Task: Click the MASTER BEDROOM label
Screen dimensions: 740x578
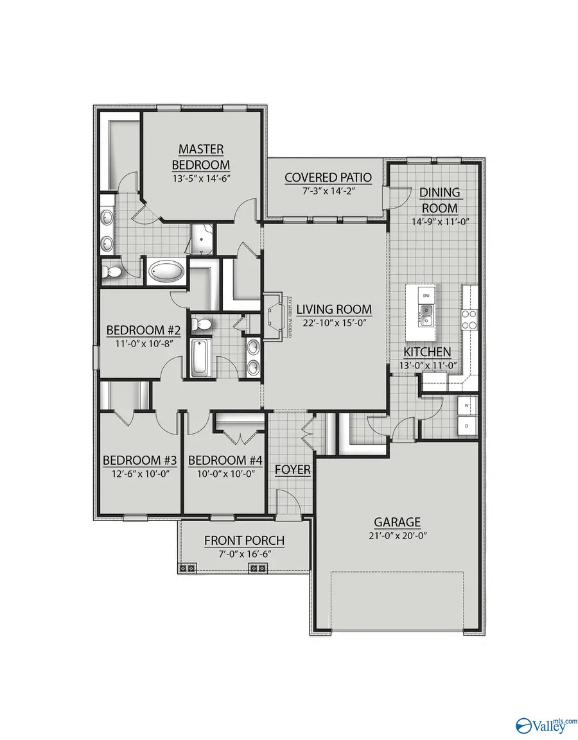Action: [x=201, y=156]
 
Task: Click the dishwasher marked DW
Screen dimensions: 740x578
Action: [x=426, y=295]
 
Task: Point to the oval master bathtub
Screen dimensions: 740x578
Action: [x=167, y=272]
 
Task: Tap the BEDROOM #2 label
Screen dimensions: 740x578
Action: [x=143, y=331]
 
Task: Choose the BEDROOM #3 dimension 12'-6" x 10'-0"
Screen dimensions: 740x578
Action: [x=140, y=474]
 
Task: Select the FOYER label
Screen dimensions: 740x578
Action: [x=293, y=470]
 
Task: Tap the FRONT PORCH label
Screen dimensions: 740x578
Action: [x=244, y=540]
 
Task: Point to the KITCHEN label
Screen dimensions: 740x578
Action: [x=427, y=352]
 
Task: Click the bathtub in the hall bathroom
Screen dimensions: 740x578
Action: [x=199, y=357]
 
